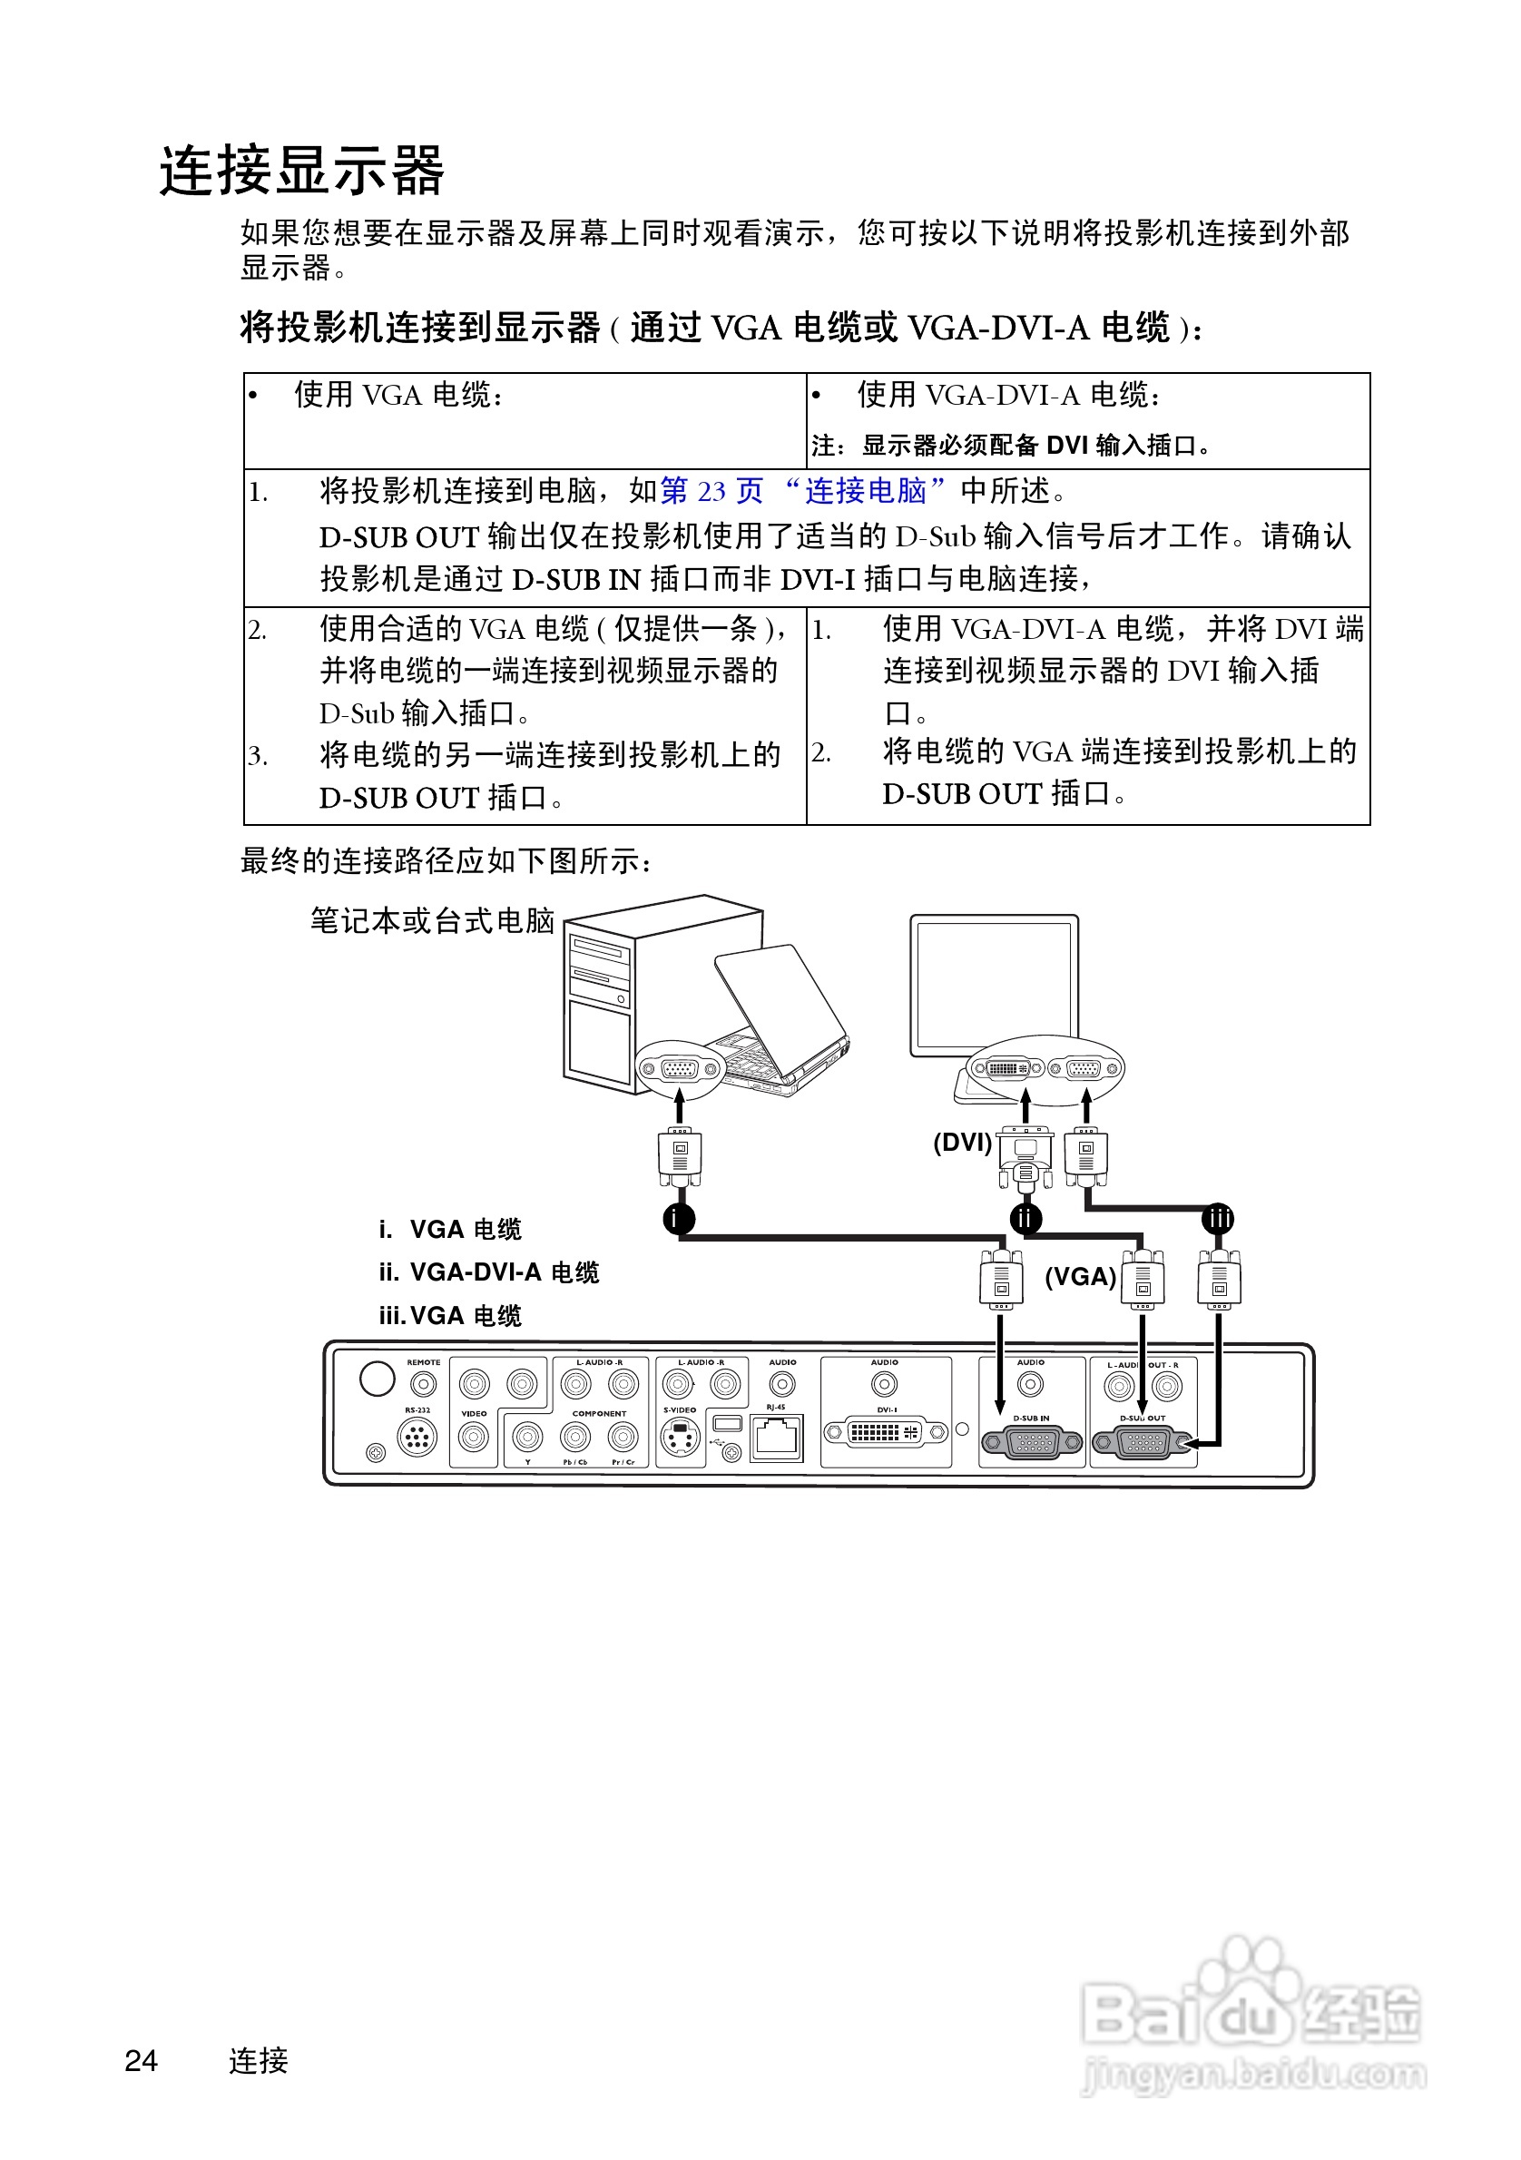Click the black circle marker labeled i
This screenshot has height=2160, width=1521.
pos(678,1218)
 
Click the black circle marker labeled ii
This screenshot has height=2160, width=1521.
pos(1025,1218)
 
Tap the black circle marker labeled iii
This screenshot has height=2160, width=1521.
pos(1218,1218)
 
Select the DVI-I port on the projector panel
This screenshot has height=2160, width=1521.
pos(885,1432)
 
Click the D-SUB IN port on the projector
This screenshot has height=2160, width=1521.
pos(1032,1441)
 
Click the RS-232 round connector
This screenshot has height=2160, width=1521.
pos(417,1437)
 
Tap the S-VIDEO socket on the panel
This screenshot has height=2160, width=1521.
pos(679,1437)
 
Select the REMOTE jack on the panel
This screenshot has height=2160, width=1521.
pos(423,1384)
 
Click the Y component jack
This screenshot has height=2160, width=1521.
pos(527,1437)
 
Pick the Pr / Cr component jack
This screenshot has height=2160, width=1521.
pos(623,1437)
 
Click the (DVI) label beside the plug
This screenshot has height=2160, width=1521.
pos(962,1142)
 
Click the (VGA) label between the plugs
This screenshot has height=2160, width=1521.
pos(1080,1277)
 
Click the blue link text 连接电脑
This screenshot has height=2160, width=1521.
pos(865,490)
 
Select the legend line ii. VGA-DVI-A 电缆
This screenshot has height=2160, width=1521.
pos(488,1271)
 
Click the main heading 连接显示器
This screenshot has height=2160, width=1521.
pos(302,172)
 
